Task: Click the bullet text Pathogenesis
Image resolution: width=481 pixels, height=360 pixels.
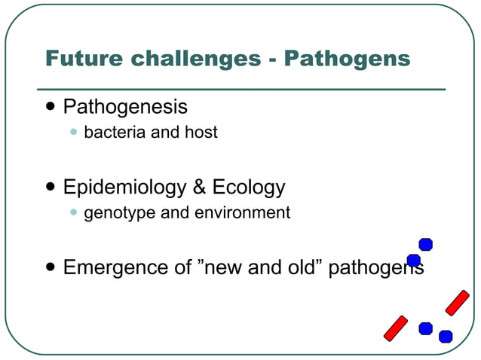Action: pyautogui.click(x=125, y=106)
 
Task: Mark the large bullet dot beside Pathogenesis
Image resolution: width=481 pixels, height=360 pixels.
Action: pyautogui.click(x=50, y=107)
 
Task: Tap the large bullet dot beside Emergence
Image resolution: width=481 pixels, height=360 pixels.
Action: pyautogui.click(x=50, y=267)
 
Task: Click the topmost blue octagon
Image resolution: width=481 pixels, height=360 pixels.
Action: pyautogui.click(x=425, y=244)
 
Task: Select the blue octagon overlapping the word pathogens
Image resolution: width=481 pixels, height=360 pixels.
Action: pyautogui.click(x=413, y=261)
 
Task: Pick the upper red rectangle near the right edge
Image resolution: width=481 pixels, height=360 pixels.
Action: pyautogui.click(x=457, y=303)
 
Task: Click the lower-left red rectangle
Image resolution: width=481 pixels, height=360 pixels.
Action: pyautogui.click(x=396, y=328)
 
